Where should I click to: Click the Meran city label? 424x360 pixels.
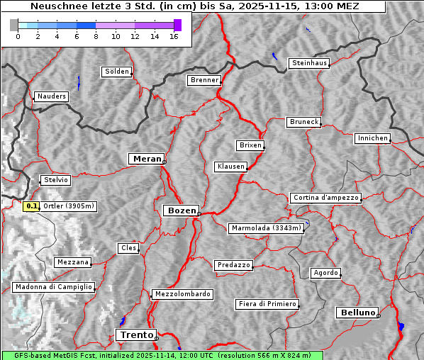[x=147, y=159]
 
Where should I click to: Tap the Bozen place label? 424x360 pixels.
[x=181, y=210]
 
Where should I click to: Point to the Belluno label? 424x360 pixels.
[x=357, y=312]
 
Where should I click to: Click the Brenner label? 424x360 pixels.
[x=205, y=80]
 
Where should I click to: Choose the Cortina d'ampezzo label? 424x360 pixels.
[x=325, y=198]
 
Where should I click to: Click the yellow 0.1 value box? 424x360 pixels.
[x=31, y=206]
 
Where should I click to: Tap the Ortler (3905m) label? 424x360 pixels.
[x=69, y=206]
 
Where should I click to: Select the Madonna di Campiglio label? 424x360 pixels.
[x=53, y=287]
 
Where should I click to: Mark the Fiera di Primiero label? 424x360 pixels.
[x=267, y=304]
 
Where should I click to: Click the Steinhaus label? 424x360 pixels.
[x=310, y=63]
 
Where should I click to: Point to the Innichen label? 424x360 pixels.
[x=372, y=138]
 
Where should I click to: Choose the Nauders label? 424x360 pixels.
[x=51, y=96]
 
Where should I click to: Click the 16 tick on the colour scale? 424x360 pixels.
[x=174, y=36]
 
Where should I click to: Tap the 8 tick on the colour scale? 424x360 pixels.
[x=96, y=36]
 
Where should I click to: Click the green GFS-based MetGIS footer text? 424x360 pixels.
[x=162, y=355]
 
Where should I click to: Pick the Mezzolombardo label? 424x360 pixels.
[x=182, y=293]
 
